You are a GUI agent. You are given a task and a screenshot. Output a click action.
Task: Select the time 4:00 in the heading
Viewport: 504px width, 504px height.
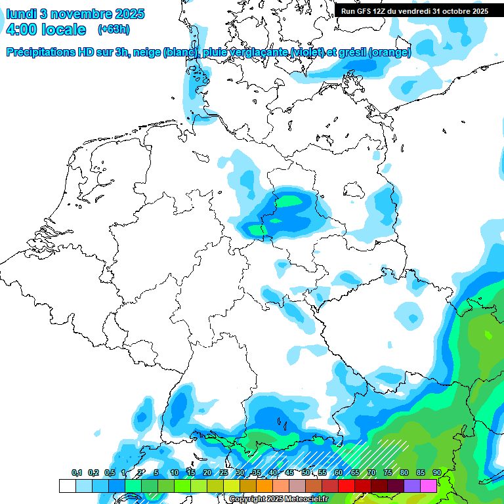click(x=20, y=30)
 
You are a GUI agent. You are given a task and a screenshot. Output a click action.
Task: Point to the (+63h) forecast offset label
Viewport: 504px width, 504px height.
click(x=114, y=30)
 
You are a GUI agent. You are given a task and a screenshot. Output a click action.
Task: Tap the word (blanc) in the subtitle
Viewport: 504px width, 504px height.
click(x=179, y=52)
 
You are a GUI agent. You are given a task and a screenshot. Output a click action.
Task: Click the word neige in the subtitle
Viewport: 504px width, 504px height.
click(x=146, y=52)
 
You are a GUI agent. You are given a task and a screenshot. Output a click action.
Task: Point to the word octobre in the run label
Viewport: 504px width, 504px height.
click(x=457, y=11)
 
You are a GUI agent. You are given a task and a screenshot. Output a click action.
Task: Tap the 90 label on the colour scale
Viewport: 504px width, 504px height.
click(x=437, y=472)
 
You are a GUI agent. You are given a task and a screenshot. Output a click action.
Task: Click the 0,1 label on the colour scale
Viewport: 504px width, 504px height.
click(x=77, y=472)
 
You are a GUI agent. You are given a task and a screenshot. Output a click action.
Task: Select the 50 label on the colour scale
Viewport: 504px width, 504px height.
click(x=306, y=472)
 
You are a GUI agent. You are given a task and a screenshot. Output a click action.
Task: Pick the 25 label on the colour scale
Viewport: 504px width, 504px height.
click(x=224, y=472)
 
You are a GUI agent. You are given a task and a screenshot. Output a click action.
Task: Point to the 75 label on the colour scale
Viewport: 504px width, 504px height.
click(x=388, y=472)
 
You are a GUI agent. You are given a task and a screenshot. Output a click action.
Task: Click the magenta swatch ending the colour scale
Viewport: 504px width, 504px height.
click(x=429, y=486)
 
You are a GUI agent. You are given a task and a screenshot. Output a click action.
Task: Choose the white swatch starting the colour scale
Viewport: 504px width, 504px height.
click(x=67, y=486)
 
